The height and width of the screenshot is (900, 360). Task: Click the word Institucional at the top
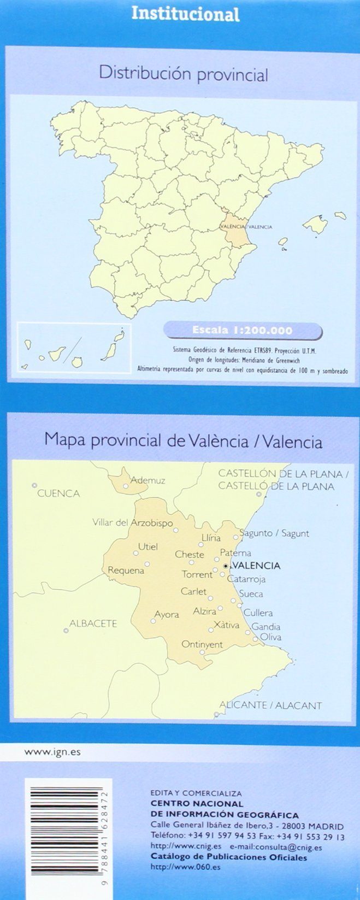[x=185, y=14]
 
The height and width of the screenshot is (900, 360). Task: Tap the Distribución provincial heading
[x=183, y=73]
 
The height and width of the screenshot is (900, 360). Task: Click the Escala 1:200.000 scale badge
[x=242, y=330]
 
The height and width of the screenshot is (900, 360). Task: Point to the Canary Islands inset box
[x=74, y=348]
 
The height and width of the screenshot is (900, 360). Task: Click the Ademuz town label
[x=147, y=480]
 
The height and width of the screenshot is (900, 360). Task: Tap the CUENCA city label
[x=58, y=493]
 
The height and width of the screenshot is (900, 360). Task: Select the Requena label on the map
[x=126, y=570]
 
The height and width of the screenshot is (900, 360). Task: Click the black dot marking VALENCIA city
[x=226, y=566]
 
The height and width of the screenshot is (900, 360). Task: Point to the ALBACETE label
[x=93, y=623]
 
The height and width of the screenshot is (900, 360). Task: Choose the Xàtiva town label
[x=227, y=625]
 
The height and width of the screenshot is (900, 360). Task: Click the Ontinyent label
[x=202, y=644]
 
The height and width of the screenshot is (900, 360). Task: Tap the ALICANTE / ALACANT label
[x=270, y=705]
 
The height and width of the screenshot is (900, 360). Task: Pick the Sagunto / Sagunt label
[x=274, y=533]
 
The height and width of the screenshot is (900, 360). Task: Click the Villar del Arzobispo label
[x=132, y=523]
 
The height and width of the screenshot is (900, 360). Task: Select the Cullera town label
[x=258, y=613]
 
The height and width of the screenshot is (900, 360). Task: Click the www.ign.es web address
[x=52, y=751]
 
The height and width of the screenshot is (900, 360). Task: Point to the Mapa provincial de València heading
[x=183, y=441]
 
